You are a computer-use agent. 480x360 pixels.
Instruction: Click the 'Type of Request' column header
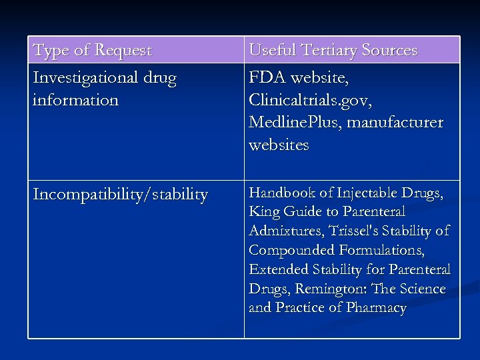pyautogui.click(x=93, y=51)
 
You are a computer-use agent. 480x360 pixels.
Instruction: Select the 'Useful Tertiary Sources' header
pyautogui.click(x=333, y=51)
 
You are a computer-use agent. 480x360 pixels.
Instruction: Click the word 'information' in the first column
pyautogui.click(x=75, y=101)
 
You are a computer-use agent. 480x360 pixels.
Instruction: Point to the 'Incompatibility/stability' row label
pyautogui.click(x=120, y=195)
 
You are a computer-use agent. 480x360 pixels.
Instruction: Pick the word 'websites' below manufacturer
pyautogui.click(x=279, y=145)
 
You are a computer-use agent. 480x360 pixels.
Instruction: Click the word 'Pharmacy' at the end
pyautogui.click(x=375, y=308)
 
